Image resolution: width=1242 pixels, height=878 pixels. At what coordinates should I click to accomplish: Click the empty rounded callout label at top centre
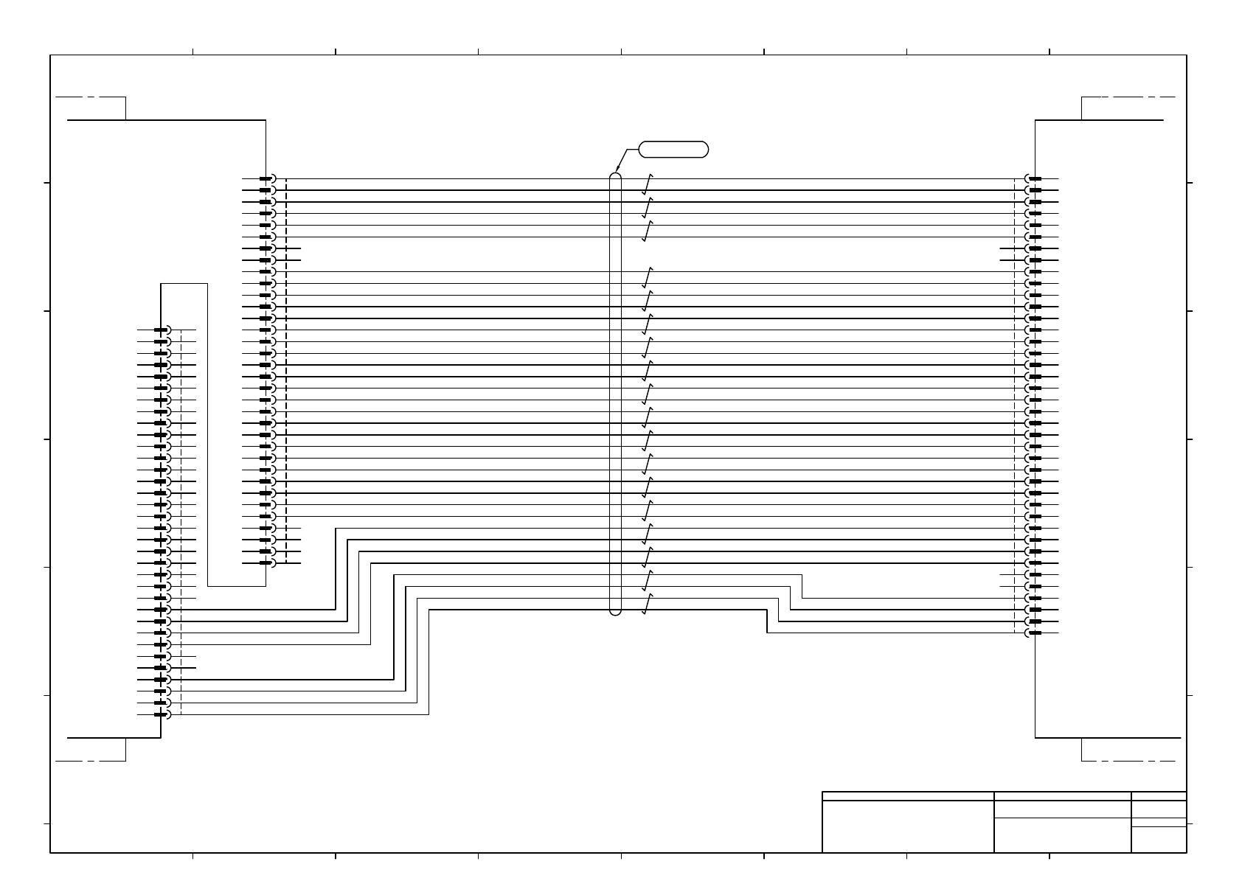pyautogui.click(x=673, y=149)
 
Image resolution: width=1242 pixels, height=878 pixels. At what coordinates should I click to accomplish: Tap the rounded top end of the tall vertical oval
pyautogui.click(x=616, y=177)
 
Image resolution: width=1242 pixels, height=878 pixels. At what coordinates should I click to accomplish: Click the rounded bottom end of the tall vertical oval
pyautogui.click(x=616, y=610)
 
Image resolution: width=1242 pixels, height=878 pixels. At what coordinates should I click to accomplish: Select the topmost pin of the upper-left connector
pyautogui.click(x=266, y=178)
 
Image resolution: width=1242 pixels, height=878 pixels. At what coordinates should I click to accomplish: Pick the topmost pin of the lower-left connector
pyautogui.click(x=162, y=330)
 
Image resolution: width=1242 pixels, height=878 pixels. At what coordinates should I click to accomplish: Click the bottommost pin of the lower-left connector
pyautogui.click(x=162, y=714)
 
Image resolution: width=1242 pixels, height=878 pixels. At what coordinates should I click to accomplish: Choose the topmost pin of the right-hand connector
pyautogui.click(x=1035, y=178)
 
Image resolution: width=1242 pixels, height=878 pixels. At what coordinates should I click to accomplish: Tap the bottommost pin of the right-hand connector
pyautogui.click(x=1035, y=633)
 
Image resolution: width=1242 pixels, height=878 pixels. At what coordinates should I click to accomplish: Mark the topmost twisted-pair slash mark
pyautogui.click(x=647, y=184)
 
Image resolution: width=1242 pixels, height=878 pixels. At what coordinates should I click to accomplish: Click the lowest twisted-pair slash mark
pyautogui.click(x=647, y=605)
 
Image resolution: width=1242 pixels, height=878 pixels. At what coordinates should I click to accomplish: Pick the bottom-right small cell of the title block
pyautogui.click(x=1159, y=840)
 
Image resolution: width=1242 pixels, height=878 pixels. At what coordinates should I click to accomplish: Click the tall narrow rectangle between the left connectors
pyautogui.click(x=237, y=435)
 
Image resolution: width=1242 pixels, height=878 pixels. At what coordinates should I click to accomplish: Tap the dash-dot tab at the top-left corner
pyautogui.click(x=91, y=108)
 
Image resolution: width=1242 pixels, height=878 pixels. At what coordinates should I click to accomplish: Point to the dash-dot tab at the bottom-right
pyautogui.click(x=1128, y=750)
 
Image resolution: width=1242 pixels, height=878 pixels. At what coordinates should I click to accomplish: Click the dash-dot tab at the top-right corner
pyautogui.click(x=1128, y=108)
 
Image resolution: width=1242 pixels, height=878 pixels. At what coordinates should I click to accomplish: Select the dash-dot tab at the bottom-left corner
pyautogui.click(x=91, y=750)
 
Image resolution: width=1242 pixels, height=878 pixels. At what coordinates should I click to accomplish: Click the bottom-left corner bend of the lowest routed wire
pyautogui.click(x=429, y=714)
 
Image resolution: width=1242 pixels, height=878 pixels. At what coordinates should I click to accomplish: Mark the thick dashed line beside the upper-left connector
pyautogui.click(x=286, y=354)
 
